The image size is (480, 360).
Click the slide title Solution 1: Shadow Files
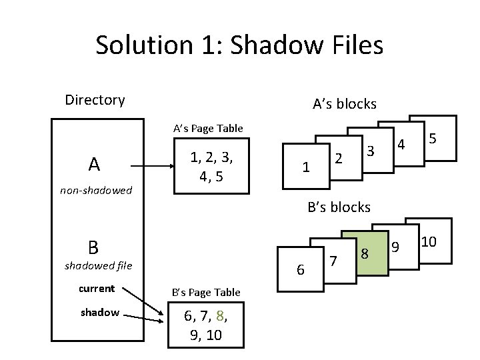tap(239, 45)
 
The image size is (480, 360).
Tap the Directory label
tap(95, 100)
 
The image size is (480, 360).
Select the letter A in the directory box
tap(95, 164)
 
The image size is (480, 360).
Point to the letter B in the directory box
tap(93, 247)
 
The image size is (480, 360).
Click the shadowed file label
tap(98, 267)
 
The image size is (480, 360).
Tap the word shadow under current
tap(100, 312)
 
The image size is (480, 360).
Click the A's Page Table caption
tap(208, 128)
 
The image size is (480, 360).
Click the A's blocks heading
tap(345, 104)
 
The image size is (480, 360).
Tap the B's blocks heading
tap(339, 207)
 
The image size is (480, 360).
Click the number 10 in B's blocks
tap(428, 241)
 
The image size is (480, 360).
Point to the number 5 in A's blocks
tap(433, 139)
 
